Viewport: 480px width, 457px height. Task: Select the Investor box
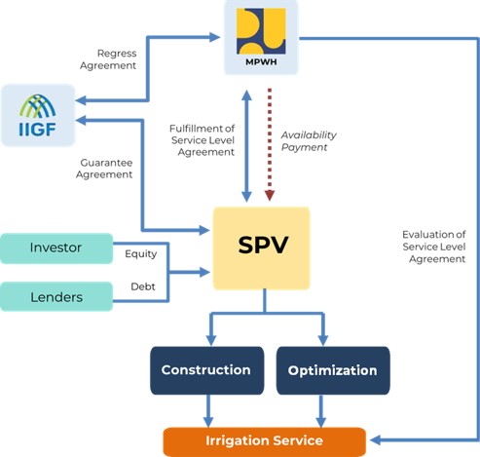(56, 248)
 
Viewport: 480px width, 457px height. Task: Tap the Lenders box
(56, 295)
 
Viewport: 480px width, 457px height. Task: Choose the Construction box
(205, 370)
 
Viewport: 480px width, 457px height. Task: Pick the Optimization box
(333, 370)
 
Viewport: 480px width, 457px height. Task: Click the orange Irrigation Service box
(264, 440)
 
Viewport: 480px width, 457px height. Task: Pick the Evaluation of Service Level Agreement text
(433, 246)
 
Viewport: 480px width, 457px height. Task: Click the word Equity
(141, 254)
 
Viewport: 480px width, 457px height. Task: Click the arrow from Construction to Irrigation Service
(205, 409)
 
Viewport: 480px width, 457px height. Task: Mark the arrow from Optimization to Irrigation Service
(321, 409)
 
